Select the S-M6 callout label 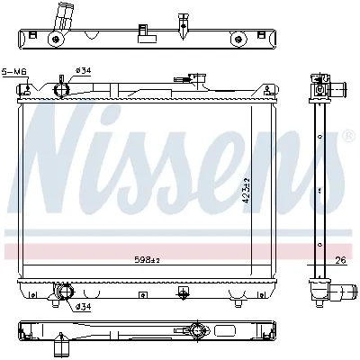14,71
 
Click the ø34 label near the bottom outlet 83,308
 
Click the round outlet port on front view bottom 63,292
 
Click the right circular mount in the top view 238,39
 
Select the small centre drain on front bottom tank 183,292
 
